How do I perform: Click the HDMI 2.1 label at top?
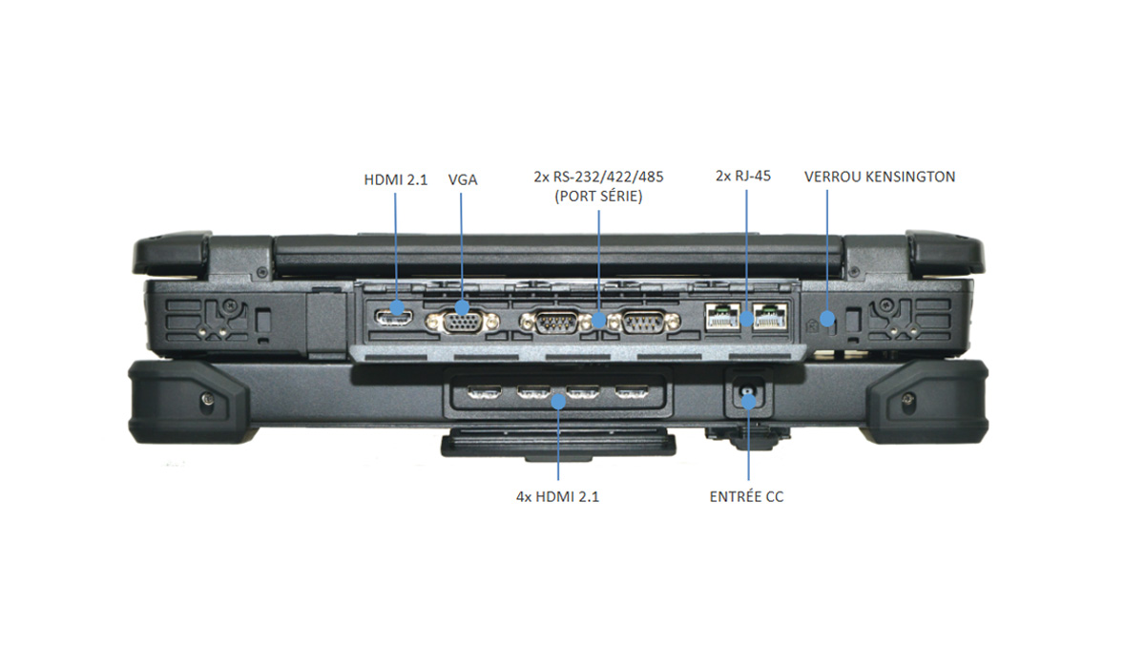396,180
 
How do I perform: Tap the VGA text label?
463,180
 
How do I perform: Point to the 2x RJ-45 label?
743,176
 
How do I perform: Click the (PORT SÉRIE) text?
598,197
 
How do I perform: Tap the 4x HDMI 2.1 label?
557,497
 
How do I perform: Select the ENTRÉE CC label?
746,497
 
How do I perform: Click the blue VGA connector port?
463,323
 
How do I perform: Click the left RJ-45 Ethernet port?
722,317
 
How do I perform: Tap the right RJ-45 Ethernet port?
770,317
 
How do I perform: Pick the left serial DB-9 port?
556,323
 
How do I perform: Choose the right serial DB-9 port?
644,323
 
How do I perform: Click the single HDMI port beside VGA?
394,317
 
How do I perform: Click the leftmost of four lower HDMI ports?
484,392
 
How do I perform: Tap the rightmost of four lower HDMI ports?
632,392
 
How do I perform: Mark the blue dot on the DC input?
749,401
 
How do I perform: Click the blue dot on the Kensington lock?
826,319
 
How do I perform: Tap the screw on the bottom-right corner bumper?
907,398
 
